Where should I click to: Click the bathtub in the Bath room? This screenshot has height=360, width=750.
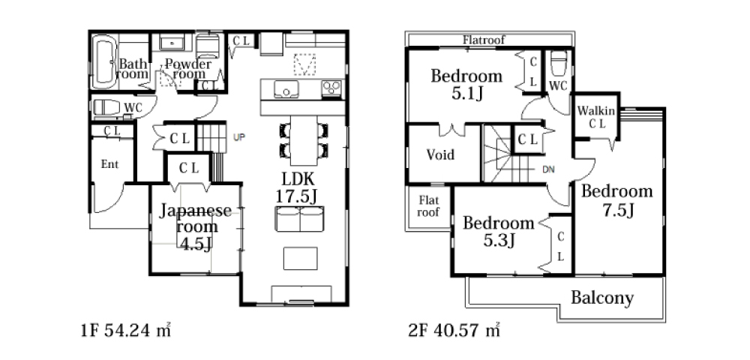point(105,61)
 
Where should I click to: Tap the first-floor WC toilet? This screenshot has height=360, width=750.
point(106,107)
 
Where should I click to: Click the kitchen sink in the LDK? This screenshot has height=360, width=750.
point(286,89)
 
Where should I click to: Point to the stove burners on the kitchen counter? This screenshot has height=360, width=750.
point(331,88)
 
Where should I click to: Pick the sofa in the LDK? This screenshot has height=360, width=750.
point(300,220)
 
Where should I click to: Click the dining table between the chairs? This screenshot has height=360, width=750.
point(303,140)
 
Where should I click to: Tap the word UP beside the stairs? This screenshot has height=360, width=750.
point(239,137)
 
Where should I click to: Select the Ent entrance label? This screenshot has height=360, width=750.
point(109,164)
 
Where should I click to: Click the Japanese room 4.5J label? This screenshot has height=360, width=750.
point(195,226)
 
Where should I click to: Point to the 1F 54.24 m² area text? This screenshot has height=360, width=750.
point(126,330)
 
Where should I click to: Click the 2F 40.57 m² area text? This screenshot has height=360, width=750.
point(454,330)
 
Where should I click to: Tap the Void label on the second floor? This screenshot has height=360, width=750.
point(440,155)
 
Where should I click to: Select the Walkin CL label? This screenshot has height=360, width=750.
point(596,117)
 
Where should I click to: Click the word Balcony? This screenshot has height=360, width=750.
point(602,298)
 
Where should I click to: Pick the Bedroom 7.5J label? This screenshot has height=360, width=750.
point(617,200)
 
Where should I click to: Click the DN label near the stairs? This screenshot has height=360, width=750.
point(549,169)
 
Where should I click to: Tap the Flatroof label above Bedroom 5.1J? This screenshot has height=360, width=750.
point(484,40)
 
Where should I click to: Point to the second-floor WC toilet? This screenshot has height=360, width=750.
point(558,63)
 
